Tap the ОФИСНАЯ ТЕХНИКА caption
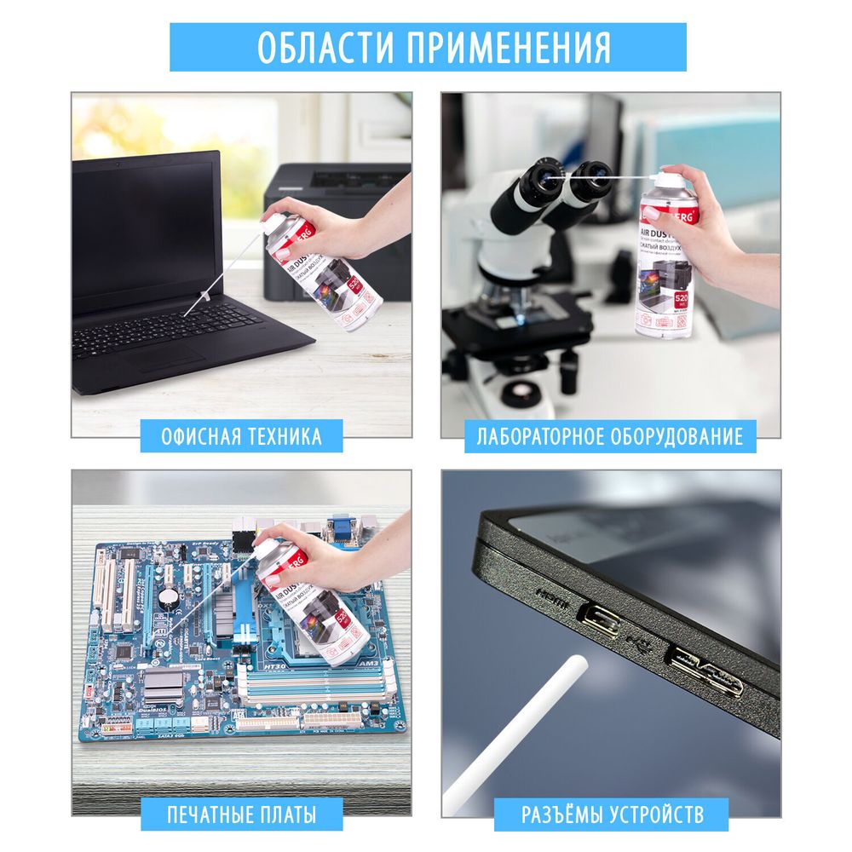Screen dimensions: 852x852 click(x=242, y=437)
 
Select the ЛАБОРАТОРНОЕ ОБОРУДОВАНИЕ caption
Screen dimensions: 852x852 click(x=610, y=437)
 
